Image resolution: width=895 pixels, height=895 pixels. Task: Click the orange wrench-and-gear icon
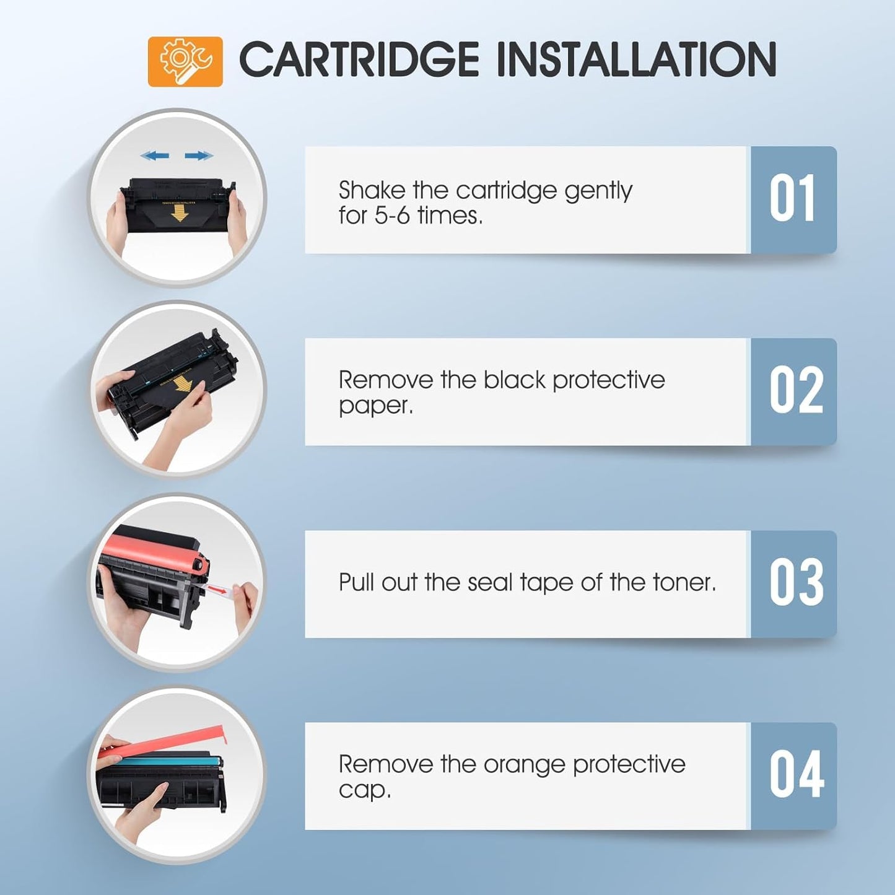click(185, 61)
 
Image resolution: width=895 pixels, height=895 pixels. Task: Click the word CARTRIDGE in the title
click(359, 60)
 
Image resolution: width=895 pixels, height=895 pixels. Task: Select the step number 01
click(792, 199)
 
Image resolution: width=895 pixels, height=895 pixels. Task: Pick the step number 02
click(796, 391)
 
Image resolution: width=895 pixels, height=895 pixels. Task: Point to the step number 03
click(796, 583)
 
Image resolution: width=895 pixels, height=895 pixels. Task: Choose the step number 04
click(796, 775)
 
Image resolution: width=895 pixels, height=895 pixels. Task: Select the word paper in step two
click(373, 406)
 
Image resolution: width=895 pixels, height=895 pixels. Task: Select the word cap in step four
click(363, 790)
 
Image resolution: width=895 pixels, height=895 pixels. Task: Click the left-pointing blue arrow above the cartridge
click(154, 155)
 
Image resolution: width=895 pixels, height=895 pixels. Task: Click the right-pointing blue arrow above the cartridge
click(199, 155)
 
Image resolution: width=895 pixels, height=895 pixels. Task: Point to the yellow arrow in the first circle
click(180, 213)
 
